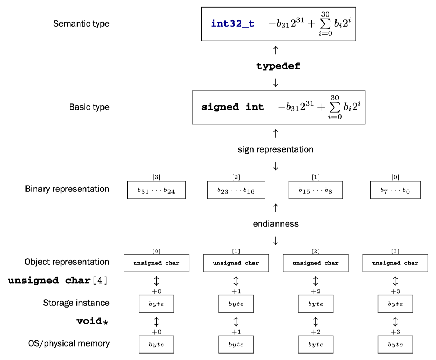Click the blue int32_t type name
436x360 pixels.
232,24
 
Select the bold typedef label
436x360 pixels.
278,66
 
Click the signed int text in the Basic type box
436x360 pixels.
232,107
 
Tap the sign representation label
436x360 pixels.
275,149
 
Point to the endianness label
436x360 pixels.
275,224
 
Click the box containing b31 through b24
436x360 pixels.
156,190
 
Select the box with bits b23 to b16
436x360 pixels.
236,190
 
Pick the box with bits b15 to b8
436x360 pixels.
315,190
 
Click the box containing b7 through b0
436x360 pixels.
395,190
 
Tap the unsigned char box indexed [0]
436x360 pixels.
156,263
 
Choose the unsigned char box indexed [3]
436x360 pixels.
395,263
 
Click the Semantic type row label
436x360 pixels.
81,24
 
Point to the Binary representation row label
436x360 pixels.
67,189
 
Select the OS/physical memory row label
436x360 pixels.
69,343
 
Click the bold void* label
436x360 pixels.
92,321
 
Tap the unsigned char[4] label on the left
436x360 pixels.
58,281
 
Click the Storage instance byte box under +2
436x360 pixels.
315,304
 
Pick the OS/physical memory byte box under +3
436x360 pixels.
395,345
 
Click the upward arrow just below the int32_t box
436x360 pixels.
275,50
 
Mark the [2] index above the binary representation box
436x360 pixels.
236,177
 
